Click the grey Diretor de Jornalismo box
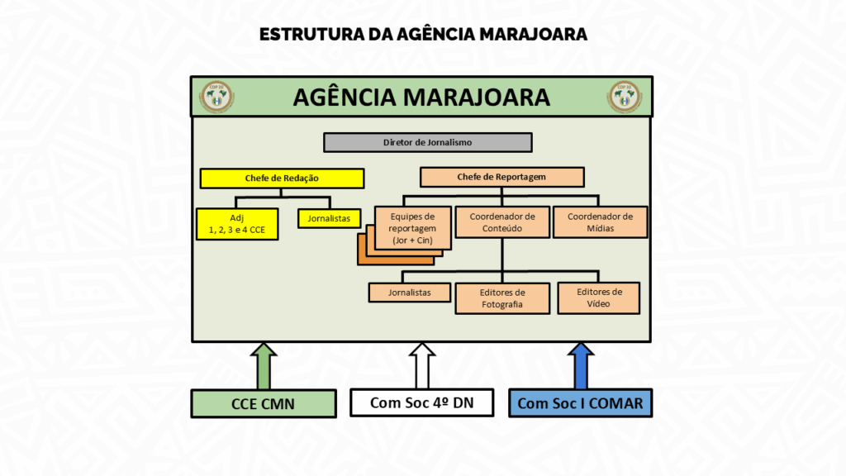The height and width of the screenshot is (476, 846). point(427,142)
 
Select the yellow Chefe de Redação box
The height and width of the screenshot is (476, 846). point(282,178)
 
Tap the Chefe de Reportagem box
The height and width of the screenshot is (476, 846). point(501,177)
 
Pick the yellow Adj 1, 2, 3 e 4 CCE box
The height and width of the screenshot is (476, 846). point(237,224)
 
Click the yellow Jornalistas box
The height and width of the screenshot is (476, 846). point(329,219)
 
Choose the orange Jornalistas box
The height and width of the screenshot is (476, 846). point(410,293)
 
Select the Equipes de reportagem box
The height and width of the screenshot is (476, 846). point(411,227)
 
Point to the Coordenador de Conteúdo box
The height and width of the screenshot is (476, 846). point(501,222)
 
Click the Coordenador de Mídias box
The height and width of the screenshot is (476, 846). point(600,222)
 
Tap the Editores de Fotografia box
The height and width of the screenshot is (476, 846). point(501,298)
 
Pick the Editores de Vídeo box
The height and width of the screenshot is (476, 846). point(598,297)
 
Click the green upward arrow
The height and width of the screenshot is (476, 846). point(264,364)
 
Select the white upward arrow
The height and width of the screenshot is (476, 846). point(421,364)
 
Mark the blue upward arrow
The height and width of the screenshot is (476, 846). point(580,364)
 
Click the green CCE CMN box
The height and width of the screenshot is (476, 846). point(264,403)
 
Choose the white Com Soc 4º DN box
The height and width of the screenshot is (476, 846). point(421,402)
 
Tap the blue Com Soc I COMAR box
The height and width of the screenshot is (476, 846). point(580,402)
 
